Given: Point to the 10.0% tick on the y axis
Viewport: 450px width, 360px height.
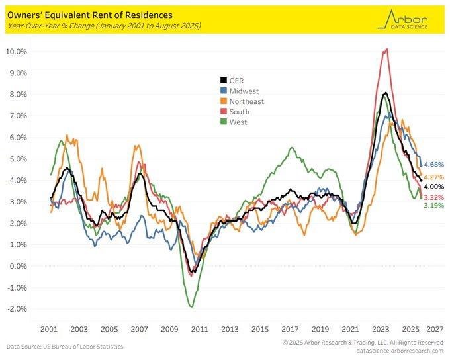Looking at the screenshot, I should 16,52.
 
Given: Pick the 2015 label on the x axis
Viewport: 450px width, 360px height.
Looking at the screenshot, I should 259,329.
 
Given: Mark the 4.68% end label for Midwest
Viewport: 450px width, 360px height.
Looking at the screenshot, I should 433,164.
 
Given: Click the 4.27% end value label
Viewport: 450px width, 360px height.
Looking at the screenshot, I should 433,177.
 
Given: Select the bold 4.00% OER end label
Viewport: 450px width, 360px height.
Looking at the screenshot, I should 433,187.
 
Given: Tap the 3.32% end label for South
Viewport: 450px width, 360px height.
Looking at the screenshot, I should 433,197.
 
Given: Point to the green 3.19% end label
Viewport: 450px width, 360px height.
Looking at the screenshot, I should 433,206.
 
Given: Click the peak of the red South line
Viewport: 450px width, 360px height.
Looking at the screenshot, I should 386,48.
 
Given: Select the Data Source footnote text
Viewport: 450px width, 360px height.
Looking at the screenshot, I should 65,346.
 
